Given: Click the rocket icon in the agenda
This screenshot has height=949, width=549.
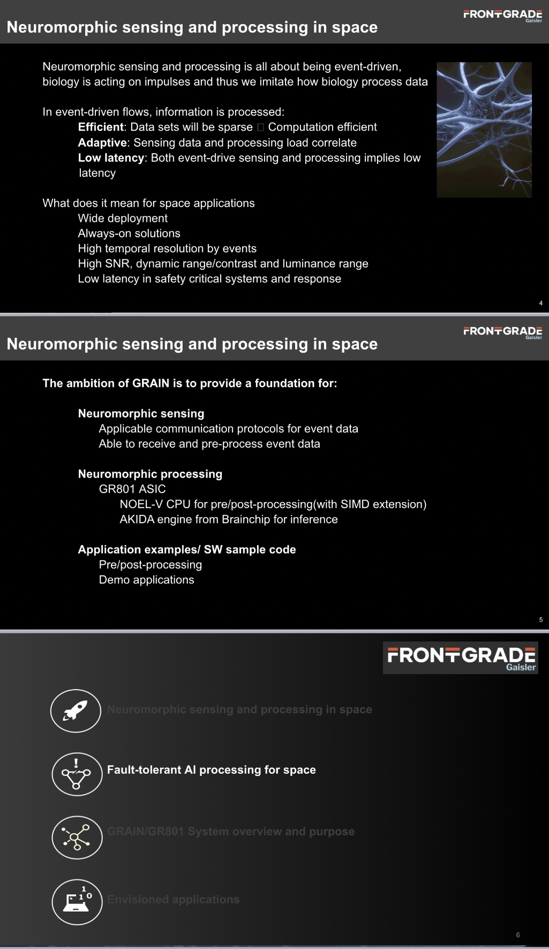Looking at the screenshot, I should [x=76, y=711].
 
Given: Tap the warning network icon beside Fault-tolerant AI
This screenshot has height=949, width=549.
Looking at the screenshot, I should [x=77, y=774].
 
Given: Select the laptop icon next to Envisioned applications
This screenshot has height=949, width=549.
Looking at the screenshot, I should [x=77, y=901].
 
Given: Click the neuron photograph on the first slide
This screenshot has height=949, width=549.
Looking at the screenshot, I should [x=484, y=130].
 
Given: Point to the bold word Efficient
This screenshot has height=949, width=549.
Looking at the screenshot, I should [x=101, y=127].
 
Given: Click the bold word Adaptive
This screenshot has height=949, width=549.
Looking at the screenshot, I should [x=102, y=143].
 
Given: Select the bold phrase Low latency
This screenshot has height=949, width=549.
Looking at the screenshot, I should [x=111, y=158].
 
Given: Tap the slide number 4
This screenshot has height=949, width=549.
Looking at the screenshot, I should [x=540, y=303].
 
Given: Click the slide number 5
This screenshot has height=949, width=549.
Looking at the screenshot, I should [x=540, y=620].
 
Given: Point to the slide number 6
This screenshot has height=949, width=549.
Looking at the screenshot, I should [x=517, y=935].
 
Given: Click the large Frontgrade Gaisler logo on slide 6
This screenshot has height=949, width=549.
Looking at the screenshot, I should [x=461, y=657].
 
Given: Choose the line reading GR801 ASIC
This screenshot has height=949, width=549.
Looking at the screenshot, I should [x=132, y=489].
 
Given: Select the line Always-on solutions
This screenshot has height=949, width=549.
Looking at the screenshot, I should [x=129, y=233].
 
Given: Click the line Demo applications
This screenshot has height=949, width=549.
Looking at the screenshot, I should [x=146, y=580].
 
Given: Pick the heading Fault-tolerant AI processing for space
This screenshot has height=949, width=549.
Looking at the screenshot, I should [x=211, y=770].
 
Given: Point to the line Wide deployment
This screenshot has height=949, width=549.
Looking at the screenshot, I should [x=123, y=218].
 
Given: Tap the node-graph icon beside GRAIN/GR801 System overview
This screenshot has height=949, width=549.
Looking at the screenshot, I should [x=77, y=837].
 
